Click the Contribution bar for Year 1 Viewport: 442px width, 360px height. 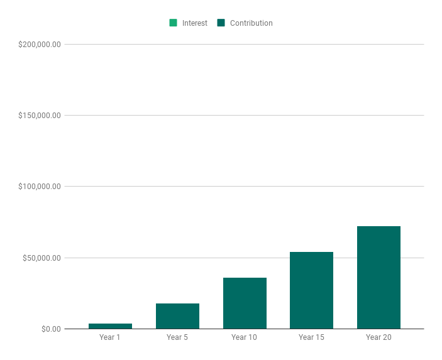coord(110,326)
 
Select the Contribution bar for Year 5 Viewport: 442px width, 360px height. coord(177,316)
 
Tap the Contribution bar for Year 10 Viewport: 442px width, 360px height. coord(245,303)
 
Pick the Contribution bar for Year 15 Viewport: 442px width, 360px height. coord(311,290)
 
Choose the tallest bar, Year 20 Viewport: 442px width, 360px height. coord(378,278)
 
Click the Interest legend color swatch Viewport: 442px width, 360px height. coord(173,23)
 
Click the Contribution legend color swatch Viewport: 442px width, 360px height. coord(221,23)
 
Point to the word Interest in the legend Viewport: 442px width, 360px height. coord(195,23)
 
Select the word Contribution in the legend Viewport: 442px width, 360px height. coord(251,23)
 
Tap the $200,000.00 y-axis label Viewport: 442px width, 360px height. coord(39,45)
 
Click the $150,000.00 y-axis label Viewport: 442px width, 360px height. coord(39,116)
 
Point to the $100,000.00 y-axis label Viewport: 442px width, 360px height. coord(39,187)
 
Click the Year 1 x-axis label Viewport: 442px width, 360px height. coord(110,337)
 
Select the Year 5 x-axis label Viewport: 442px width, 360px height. coord(177,337)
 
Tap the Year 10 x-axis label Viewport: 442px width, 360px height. coord(245,337)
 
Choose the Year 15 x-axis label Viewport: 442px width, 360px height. coord(311,337)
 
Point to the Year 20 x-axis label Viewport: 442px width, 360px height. coord(378,337)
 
